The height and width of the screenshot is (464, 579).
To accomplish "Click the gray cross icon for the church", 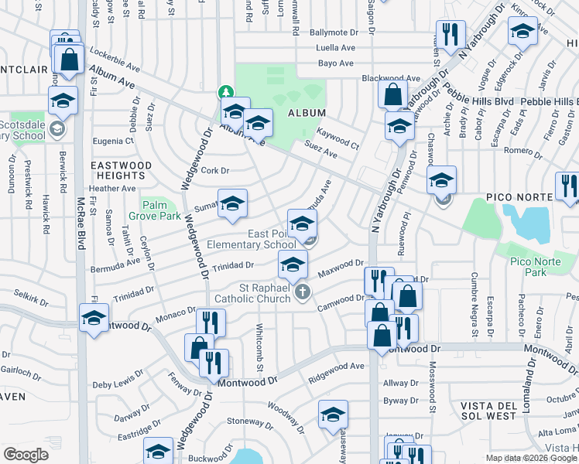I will click(303, 292).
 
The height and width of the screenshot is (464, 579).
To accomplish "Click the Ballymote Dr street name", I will click(335, 32).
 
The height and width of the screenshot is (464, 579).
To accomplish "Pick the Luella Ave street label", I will click(335, 47).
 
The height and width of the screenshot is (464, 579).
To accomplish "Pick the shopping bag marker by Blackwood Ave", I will click(392, 94).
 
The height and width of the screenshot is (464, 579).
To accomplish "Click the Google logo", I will click(26, 455).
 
